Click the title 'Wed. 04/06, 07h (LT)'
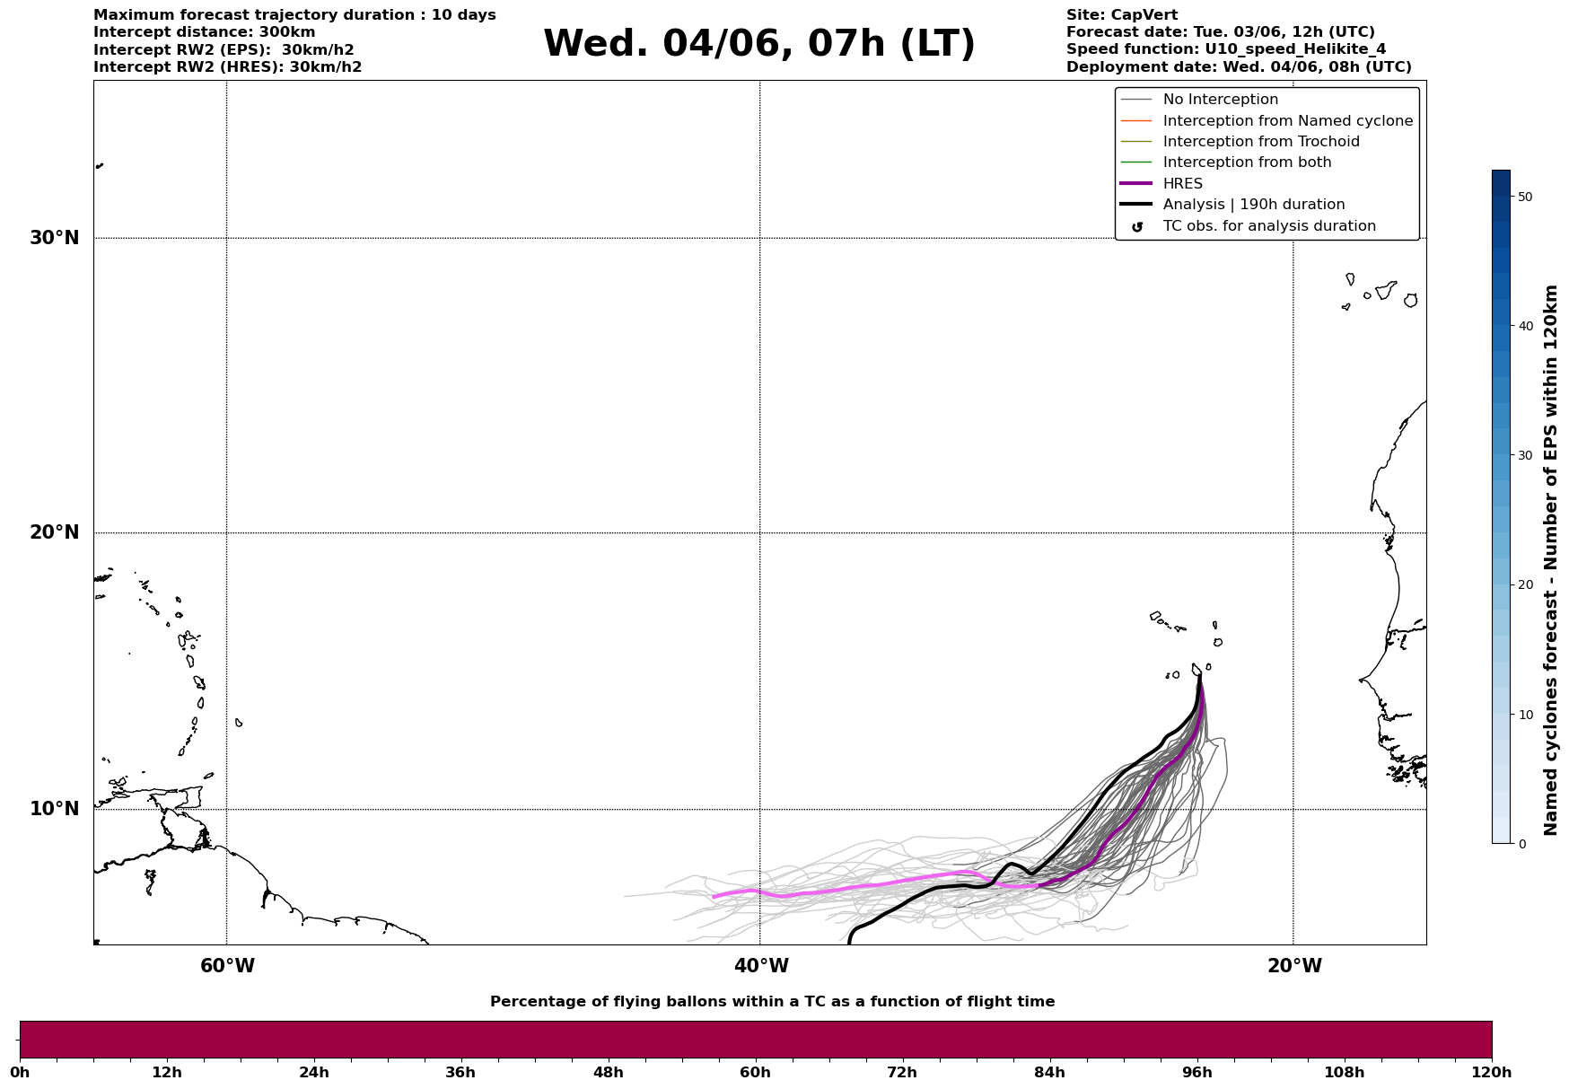pos(758,44)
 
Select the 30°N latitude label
pos(55,238)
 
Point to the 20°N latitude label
pos(55,532)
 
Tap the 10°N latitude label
pos(55,809)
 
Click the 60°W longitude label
pos(227,966)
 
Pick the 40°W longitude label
pos(761,966)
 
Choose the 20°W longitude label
pos(1294,966)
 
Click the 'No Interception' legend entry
pos(1220,100)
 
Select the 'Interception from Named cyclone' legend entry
pos(1287,121)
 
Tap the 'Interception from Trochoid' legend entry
pos(1260,142)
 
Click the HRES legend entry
pos(1182,184)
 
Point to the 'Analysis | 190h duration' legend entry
pos(1253,205)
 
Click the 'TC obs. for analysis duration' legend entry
pos(1268,226)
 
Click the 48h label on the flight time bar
pos(608,1073)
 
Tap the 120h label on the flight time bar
pos(1492,1073)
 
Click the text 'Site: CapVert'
pos(1121,15)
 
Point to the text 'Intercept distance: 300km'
pos(204,32)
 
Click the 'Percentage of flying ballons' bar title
pos(772,1002)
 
